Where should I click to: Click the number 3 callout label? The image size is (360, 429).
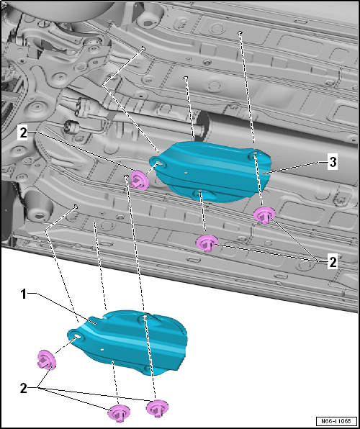[x=332, y=163]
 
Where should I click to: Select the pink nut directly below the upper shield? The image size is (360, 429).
[x=207, y=243]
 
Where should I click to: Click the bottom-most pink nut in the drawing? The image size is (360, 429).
[x=117, y=413]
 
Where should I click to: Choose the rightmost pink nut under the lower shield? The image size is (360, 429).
[x=156, y=408]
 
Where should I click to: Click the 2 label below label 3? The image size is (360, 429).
[x=332, y=263]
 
